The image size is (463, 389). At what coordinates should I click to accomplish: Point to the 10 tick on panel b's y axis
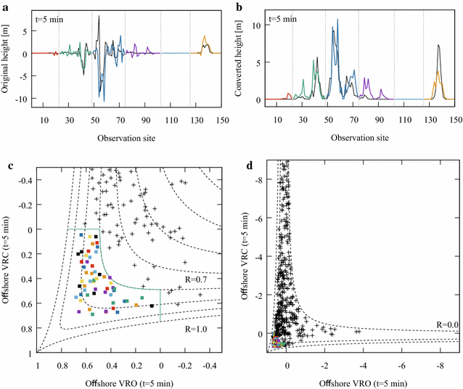pos(255,24)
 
